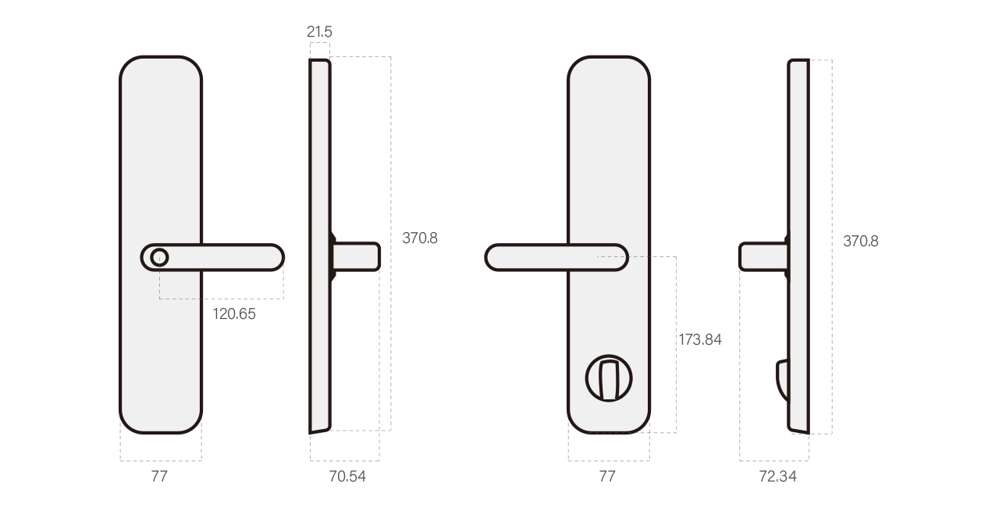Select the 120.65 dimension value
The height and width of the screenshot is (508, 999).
click(x=234, y=314)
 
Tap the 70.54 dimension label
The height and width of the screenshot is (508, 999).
click(x=347, y=476)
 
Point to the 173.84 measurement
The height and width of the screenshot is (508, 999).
click(x=699, y=339)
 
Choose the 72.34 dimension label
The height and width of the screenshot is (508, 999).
click(x=777, y=476)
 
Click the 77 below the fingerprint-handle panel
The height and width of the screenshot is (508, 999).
click(x=159, y=476)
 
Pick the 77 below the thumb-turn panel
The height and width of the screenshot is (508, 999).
click(x=607, y=476)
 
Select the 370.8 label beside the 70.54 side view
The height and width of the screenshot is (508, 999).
click(x=420, y=238)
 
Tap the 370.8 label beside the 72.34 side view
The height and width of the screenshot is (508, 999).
click(x=860, y=241)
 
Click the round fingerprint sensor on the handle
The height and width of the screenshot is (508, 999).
click(x=159, y=257)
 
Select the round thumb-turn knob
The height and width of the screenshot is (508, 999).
click(x=609, y=378)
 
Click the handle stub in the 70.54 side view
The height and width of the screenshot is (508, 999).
click(x=357, y=256)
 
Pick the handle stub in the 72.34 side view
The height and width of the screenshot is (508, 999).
click(x=763, y=257)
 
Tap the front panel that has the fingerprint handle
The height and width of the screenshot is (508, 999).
click(x=161, y=156)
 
